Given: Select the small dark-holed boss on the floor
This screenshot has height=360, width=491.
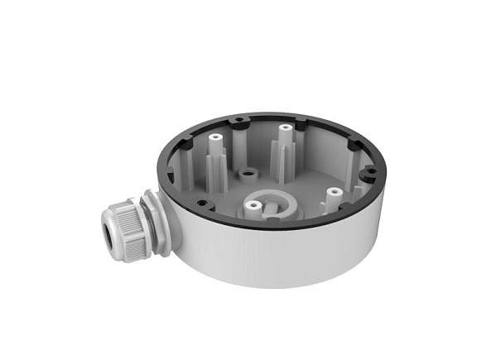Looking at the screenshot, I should [247, 174].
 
